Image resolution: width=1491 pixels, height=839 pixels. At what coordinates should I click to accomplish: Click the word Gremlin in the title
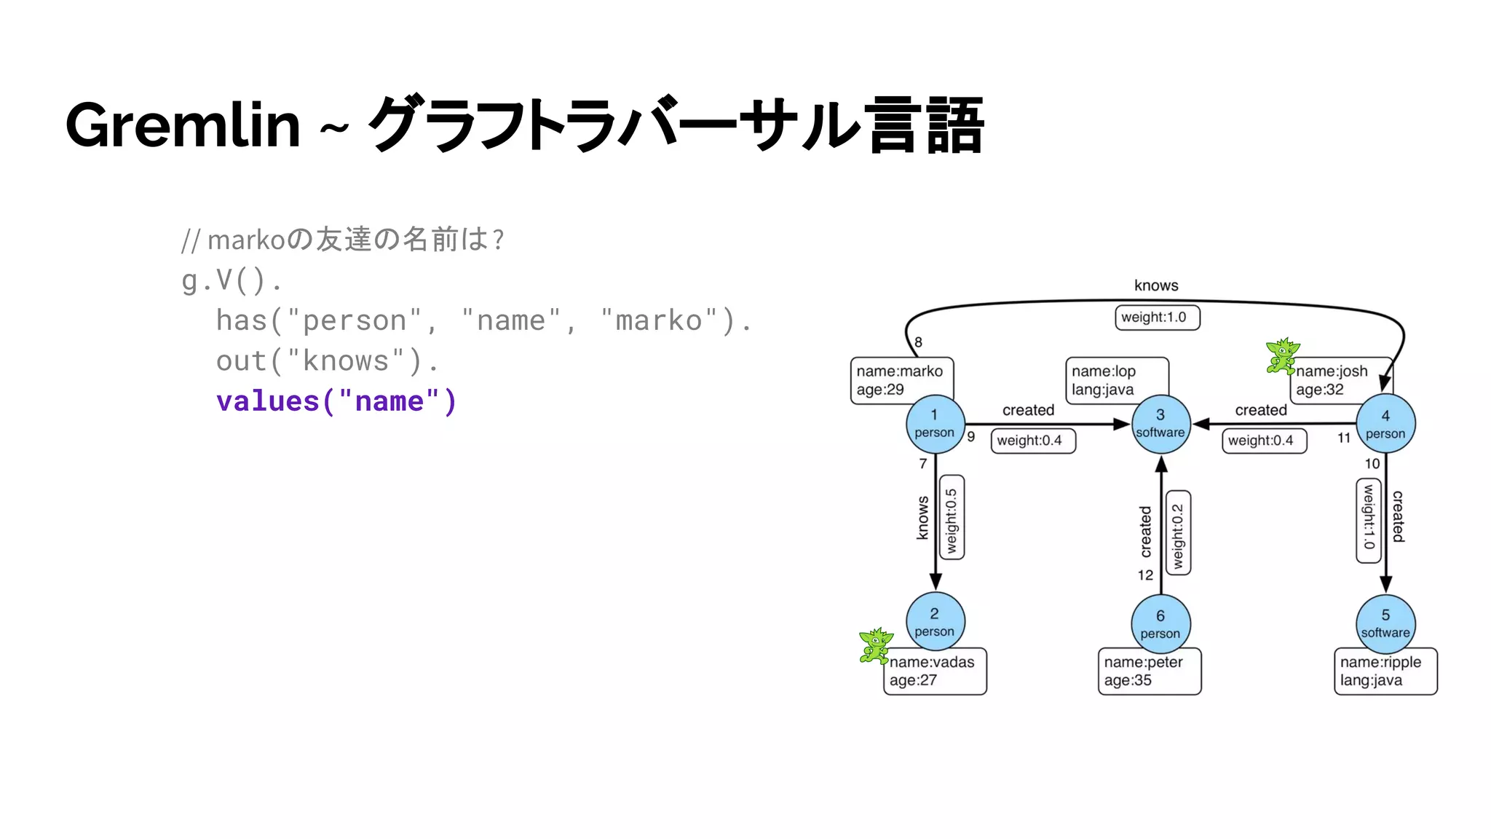click(183, 125)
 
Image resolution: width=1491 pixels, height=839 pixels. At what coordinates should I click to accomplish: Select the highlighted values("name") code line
click(336, 401)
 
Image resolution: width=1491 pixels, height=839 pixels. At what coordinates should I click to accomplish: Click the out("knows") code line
click(328, 361)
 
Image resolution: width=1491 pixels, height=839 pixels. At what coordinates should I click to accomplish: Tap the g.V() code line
click(232, 280)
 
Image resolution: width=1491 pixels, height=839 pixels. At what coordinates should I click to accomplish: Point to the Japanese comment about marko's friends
click(342, 240)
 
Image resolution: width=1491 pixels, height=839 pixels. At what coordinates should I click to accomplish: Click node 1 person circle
click(935, 424)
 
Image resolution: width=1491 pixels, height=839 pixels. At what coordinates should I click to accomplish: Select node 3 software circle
click(1160, 424)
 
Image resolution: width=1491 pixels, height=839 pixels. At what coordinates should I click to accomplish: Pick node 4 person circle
click(1385, 424)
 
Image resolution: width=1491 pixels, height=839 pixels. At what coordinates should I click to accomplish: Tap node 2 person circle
click(935, 622)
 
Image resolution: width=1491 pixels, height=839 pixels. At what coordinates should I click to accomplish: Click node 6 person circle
click(1160, 624)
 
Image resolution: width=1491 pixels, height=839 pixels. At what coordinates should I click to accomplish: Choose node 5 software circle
click(1385, 623)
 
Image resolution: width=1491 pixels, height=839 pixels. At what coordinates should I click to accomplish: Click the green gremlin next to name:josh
click(1282, 355)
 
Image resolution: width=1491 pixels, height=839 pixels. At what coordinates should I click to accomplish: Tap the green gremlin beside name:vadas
click(875, 645)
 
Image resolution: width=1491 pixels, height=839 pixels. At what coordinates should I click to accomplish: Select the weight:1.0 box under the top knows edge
click(1157, 318)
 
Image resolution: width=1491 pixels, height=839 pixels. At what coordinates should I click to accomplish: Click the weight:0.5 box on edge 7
click(952, 518)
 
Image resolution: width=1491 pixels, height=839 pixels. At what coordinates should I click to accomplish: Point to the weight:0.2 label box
click(1178, 533)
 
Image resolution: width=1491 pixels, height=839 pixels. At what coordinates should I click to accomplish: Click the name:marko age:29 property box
click(901, 380)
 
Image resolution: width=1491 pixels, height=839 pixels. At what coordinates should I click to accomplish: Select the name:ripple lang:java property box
click(1385, 671)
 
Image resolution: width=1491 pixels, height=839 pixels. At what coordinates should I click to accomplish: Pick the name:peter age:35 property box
click(1149, 671)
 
